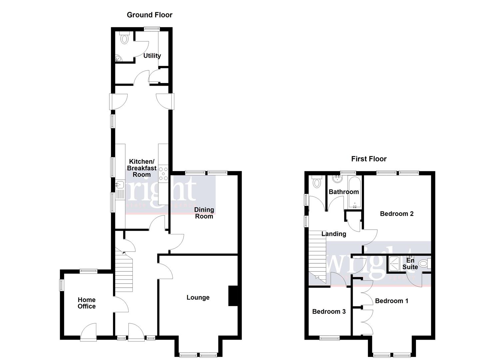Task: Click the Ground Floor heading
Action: [150, 15]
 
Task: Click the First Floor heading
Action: [369, 159]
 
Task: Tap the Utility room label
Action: [152, 56]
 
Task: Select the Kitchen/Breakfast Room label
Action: [142, 168]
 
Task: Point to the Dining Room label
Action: [204, 213]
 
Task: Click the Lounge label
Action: [198, 297]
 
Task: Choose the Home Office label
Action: [87, 303]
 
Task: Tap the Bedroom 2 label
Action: [397, 214]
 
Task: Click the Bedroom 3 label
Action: [329, 311]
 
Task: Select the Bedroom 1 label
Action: [392, 301]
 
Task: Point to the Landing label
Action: [334, 234]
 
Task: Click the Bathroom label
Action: [344, 192]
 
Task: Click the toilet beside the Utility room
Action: [124, 38]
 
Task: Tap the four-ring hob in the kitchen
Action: [164, 174]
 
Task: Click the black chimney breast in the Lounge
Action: [233, 296]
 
